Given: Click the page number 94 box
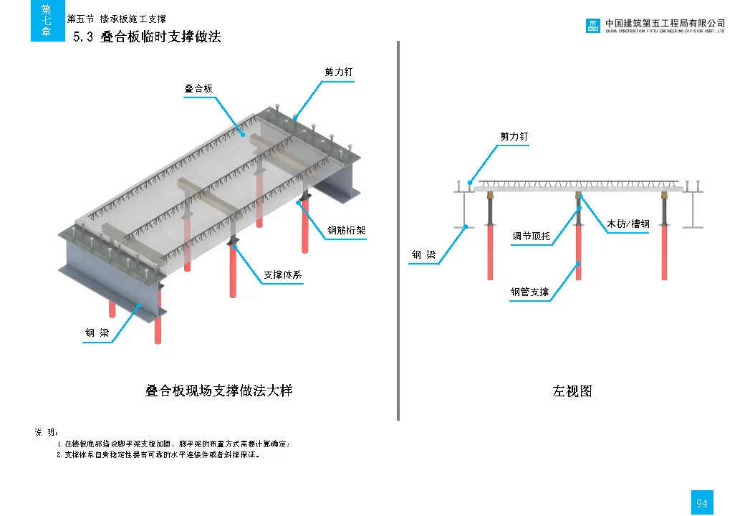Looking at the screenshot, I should click(x=701, y=503).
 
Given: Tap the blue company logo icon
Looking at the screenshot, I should click(x=592, y=27).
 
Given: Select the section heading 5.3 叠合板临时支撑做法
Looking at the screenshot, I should click(x=148, y=37).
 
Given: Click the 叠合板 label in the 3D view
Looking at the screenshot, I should click(x=198, y=89).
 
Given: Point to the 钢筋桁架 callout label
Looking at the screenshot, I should click(x=347, y=230).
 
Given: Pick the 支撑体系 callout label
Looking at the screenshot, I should click(x=283, y=274).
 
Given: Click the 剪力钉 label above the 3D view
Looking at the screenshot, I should click(x=338, y=72).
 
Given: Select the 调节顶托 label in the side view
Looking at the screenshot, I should click(x=531, y=236).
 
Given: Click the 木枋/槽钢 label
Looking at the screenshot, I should click(x=628, y=224).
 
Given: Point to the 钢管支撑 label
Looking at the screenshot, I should click(x=530, y=292).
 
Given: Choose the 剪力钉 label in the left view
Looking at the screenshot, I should click(x=514, y=136).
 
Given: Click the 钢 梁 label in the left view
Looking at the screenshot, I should click(x=423, y=254).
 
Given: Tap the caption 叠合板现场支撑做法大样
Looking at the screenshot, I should click(x=218, y=391).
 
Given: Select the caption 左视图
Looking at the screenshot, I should click(x=572, y=391).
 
